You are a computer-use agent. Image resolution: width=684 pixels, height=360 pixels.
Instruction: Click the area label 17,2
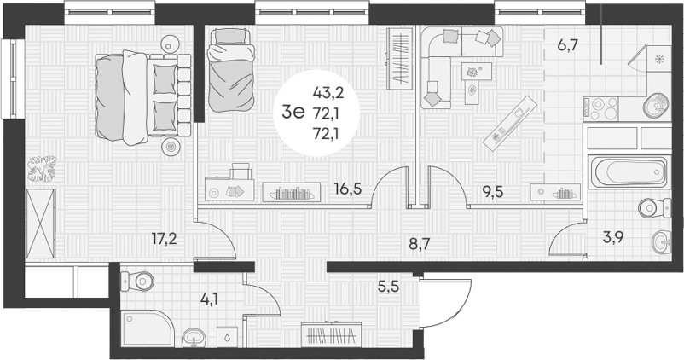tap(164, 239)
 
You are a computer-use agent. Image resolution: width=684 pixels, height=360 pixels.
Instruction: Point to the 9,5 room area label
tap(492, 191)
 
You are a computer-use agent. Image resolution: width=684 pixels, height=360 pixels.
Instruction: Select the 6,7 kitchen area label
tap(568, 44)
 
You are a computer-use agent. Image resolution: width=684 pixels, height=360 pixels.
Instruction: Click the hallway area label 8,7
tap(420, 243)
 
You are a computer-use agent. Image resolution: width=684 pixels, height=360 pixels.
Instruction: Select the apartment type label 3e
tap(293, 113)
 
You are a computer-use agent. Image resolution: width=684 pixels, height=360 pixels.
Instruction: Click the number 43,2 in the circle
tap(328, 92)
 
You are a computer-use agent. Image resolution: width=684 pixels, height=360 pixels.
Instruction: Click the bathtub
tap(627, 172)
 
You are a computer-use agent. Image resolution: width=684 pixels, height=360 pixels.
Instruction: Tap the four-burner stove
tap(600, 107)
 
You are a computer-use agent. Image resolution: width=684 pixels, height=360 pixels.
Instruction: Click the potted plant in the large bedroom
tap(43, 168)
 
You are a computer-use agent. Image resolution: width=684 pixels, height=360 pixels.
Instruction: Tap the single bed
tap(230, 70)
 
